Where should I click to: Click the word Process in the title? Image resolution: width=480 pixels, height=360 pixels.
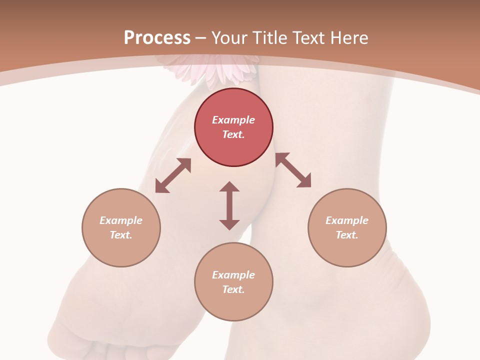157,38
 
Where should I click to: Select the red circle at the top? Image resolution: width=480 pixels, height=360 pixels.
233,127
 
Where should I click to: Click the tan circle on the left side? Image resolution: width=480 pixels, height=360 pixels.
121,227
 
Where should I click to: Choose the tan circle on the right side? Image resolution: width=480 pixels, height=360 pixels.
347,227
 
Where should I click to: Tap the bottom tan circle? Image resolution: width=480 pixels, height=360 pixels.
233,282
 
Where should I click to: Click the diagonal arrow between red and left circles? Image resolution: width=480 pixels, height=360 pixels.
173,175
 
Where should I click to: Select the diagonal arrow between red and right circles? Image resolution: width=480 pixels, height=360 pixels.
293,170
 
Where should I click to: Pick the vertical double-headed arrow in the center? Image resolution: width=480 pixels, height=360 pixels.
229,205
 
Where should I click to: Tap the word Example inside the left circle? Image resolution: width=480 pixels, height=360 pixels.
121,220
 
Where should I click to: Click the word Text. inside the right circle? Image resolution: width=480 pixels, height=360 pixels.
347,235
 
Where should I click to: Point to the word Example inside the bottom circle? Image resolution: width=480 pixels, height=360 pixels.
233,275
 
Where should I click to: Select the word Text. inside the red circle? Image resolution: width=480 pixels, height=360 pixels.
233,134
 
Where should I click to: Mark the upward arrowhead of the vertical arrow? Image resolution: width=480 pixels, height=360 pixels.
229,186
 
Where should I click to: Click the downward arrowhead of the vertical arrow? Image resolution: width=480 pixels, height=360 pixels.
229,224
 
